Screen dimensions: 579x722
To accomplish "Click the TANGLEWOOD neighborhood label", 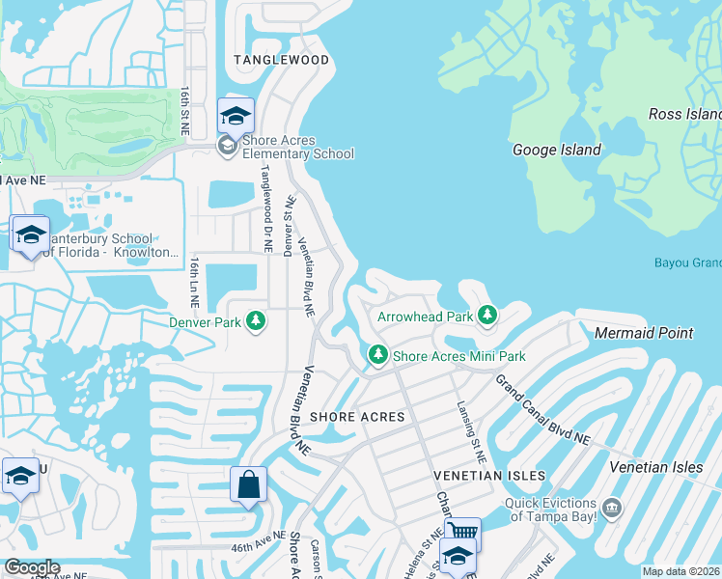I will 282,60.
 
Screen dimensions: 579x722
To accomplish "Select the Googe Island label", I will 556,150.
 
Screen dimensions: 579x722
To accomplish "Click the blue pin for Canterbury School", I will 31,235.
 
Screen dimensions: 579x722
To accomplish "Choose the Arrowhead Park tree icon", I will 487,316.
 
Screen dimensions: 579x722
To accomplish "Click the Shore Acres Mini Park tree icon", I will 378,356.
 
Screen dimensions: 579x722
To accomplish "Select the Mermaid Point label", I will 644,333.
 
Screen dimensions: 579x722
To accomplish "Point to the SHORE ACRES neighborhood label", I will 357,417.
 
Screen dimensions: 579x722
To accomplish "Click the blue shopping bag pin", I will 248,484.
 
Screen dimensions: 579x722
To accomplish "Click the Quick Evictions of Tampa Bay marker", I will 611,507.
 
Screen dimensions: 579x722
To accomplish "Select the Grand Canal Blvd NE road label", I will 542,410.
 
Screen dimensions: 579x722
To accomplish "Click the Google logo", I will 31,567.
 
